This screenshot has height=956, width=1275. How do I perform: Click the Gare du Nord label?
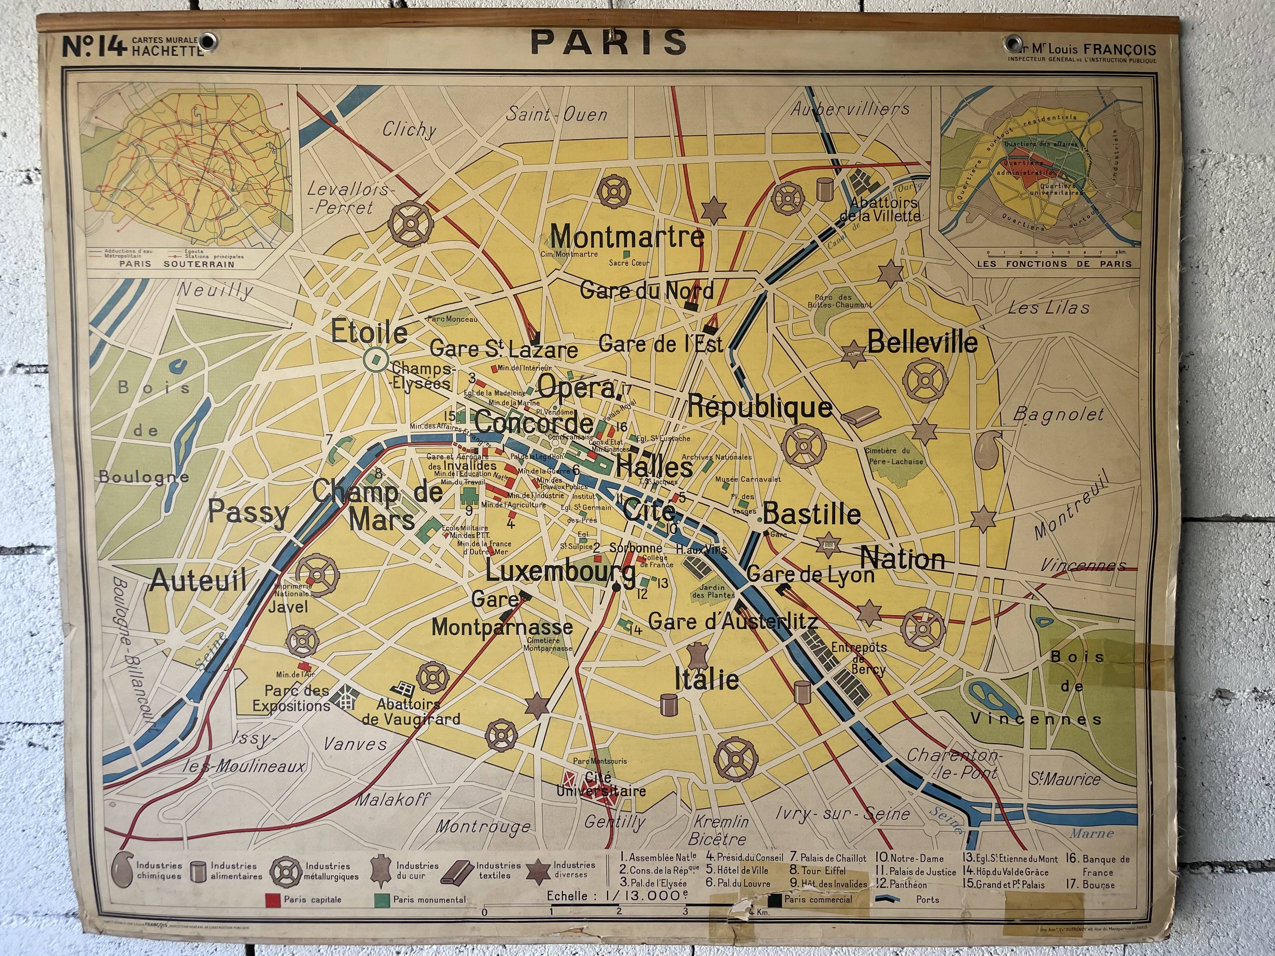click(646, 290)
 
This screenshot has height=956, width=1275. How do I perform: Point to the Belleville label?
click(922, 342)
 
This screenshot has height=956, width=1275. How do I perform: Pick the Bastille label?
click(812, 514)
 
